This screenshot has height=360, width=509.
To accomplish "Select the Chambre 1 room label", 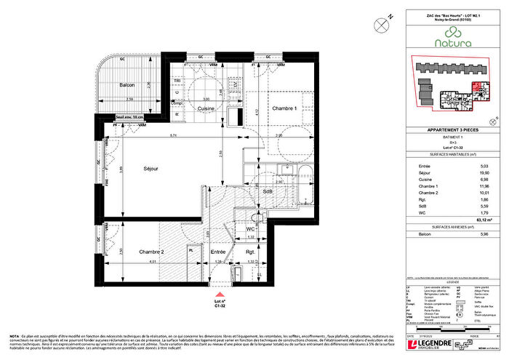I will point(285,108).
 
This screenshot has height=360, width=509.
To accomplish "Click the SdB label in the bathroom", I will point(268,191).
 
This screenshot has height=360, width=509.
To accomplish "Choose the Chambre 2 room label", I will point(151,252).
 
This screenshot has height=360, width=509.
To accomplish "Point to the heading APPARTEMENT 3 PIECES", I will point(446,129).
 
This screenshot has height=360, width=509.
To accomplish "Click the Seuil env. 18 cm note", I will point(131,116).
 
